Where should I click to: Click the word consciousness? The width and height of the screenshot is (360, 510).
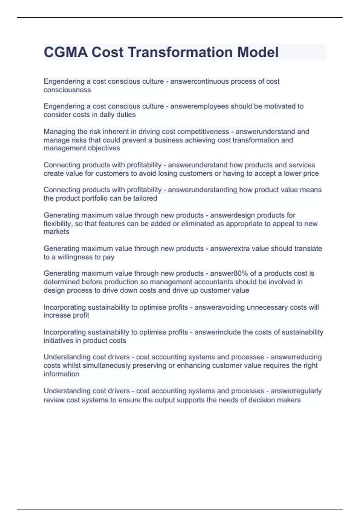67,90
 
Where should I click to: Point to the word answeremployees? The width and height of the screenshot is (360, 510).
199,106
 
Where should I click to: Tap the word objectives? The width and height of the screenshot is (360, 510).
104,148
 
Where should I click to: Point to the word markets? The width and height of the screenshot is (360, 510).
56,232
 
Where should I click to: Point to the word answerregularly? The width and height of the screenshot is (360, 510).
296,391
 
